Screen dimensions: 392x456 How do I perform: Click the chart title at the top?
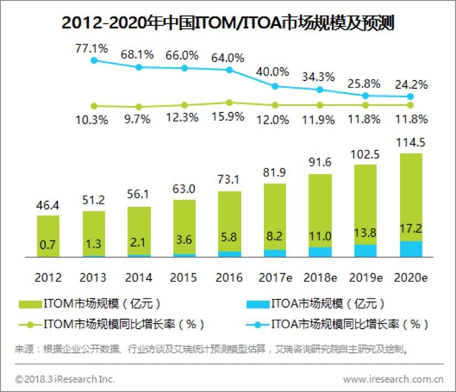(x=227, y=23)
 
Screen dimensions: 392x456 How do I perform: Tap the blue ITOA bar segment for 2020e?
(x=410, y=249)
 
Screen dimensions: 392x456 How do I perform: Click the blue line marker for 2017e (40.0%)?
(x=274, y=86)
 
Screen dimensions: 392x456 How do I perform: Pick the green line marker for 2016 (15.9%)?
(x=229, y=102)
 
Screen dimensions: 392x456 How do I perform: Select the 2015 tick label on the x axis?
(x=184, y=277)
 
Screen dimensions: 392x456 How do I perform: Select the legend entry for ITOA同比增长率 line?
(x=337, y=324)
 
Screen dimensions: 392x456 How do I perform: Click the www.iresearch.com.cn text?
(x=393, y=379)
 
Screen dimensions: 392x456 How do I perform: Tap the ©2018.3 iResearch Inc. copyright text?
(x=65, y=379)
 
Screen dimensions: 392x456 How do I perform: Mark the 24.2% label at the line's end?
(x=410, y=85)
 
